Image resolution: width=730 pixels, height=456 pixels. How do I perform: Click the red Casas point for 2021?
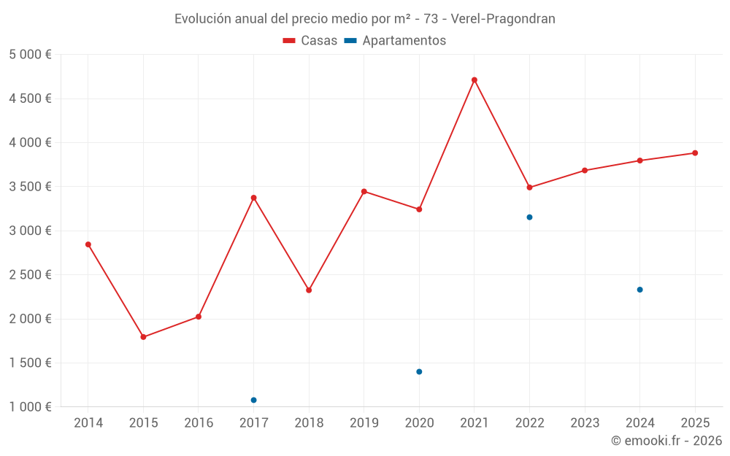(x=474, y=80)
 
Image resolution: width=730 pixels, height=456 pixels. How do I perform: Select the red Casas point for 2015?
(x=143, y=337)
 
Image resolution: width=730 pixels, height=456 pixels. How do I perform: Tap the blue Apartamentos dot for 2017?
(x=253, y=400)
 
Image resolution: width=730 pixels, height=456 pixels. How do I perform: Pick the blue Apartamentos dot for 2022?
(x=529, y=217)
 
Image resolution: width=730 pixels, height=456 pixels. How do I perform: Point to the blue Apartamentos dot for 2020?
(x=419, y=372)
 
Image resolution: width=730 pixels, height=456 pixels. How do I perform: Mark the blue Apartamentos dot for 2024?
(x=639, y=290)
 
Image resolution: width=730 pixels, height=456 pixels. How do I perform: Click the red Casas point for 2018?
(x=309, y=290)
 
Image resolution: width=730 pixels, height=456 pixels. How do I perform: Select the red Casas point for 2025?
(x=695, y=153)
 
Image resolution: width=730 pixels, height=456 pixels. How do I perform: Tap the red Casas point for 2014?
(x=88, y=244)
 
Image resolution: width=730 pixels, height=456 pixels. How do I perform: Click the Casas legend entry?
(x=310, y=41)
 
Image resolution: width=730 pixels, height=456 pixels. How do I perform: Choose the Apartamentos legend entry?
(x=395, y=41)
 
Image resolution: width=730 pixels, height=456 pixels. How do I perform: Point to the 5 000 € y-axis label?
(x=30, y=55)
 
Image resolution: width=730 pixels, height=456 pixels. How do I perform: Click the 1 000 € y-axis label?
(x=30, y=407)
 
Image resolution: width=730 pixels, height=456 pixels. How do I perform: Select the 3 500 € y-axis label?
(x=30, y=187)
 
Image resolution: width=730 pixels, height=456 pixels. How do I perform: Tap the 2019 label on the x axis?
(x=364, y=423)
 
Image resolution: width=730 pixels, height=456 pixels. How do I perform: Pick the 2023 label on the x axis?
(x=585, y=423)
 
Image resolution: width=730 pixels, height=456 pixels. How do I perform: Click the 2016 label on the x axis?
(x=199, y=423)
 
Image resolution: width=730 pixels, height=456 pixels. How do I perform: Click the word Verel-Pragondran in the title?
(x=503, y=19)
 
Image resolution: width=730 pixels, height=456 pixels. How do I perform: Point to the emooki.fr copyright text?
(x=666, y=441)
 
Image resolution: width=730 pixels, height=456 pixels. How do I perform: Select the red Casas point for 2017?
(x=253, y=198)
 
